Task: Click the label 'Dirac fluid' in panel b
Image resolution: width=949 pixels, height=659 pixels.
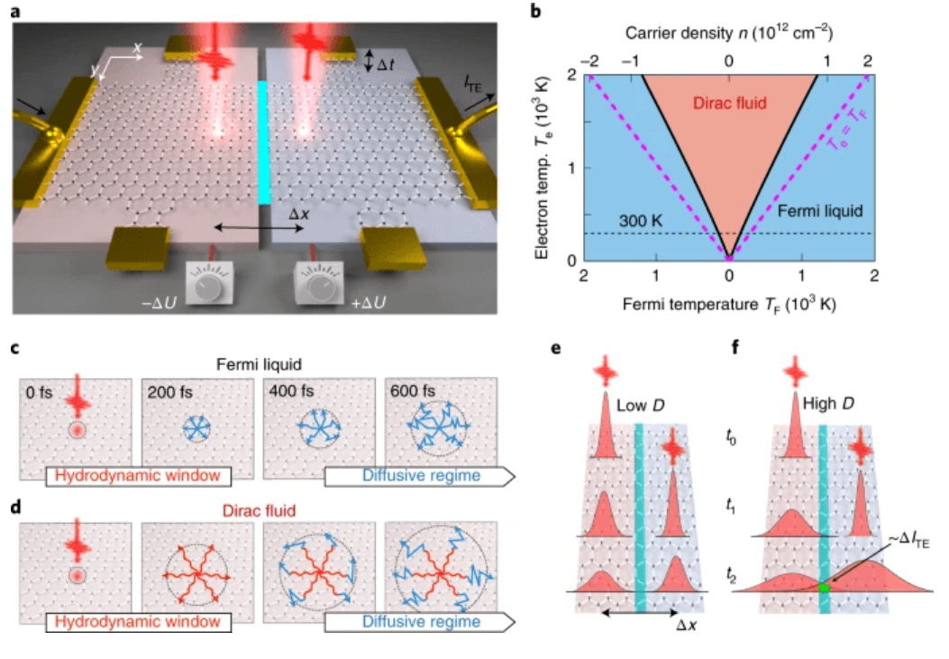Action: (x=728, y=103)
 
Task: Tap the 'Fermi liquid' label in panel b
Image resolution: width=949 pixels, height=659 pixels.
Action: (x=825, y=213)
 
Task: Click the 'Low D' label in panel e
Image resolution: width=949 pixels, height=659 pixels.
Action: (x=640, y=407)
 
